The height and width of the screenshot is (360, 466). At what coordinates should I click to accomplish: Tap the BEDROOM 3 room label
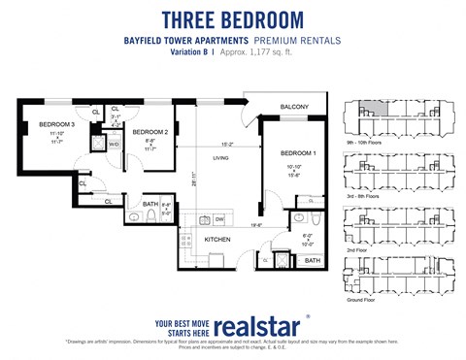coord(56,125)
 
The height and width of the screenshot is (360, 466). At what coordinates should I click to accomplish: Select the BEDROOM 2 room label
coord(150,132)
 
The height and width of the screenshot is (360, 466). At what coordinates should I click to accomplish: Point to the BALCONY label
coord(294,107)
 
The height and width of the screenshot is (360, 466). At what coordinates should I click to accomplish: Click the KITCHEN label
coord(216,238)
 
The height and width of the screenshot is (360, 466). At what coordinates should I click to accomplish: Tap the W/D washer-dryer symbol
coord(114,145)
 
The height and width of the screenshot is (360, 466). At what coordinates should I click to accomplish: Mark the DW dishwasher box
coord(219,219)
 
